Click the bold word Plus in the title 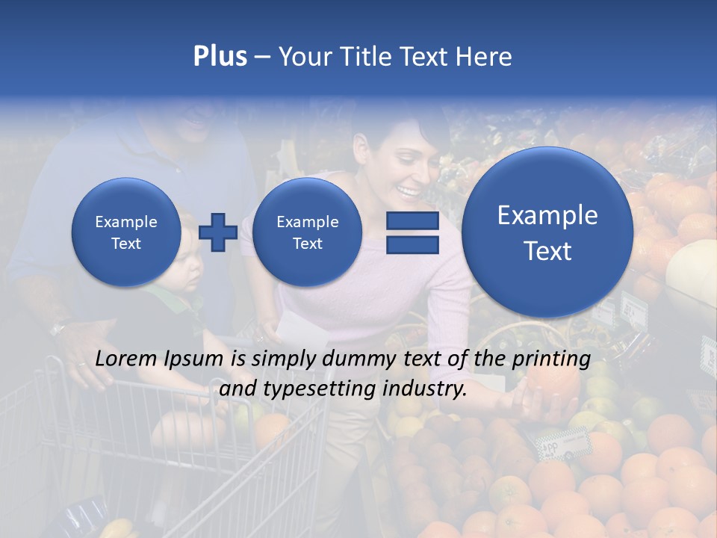(x=220, y=57)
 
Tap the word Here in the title (x=484, y=57)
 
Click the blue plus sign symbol (x=218, y=232)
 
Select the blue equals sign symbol (x=412, y=232)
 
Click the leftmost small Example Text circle (x=126, y=232)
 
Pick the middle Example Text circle (x=307, y=232)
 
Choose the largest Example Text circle (x=547, y=232)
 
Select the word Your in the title (x=302, y=57)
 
